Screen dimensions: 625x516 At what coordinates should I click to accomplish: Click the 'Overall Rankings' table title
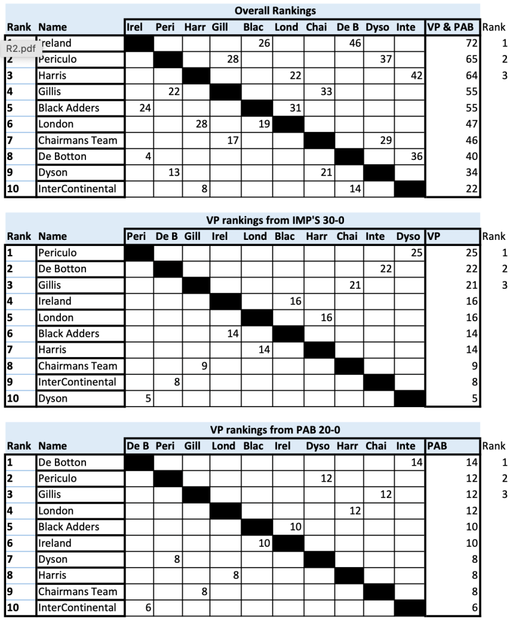[x=275, y=11]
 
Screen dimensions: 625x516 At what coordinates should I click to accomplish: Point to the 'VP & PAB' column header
[x=452, y=27]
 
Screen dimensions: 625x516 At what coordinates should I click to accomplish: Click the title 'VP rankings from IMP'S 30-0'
[x=275, y=220]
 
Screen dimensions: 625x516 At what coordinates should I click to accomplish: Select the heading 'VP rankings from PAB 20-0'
[x=275, y=430]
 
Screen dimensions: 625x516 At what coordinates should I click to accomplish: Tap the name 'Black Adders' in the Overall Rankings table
[x=68, y=108]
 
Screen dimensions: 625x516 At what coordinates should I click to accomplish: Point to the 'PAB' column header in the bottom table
[x=437, y=446]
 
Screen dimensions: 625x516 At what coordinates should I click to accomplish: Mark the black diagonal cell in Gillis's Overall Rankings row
[x=226, y=92]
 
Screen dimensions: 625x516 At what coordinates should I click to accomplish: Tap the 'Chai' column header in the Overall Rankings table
[x=316, y=27]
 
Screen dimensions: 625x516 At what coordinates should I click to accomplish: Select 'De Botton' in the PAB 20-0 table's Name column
[x=62, y=463]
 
